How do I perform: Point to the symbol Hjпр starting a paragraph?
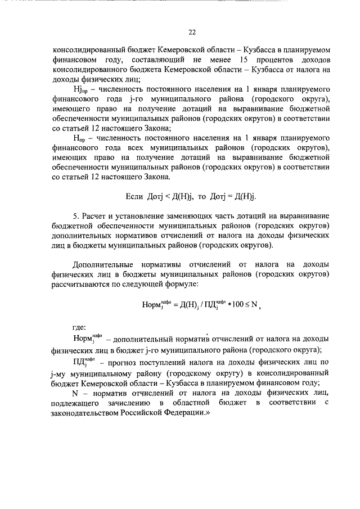pos(82,90)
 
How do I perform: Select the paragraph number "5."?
pos(77,217)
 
